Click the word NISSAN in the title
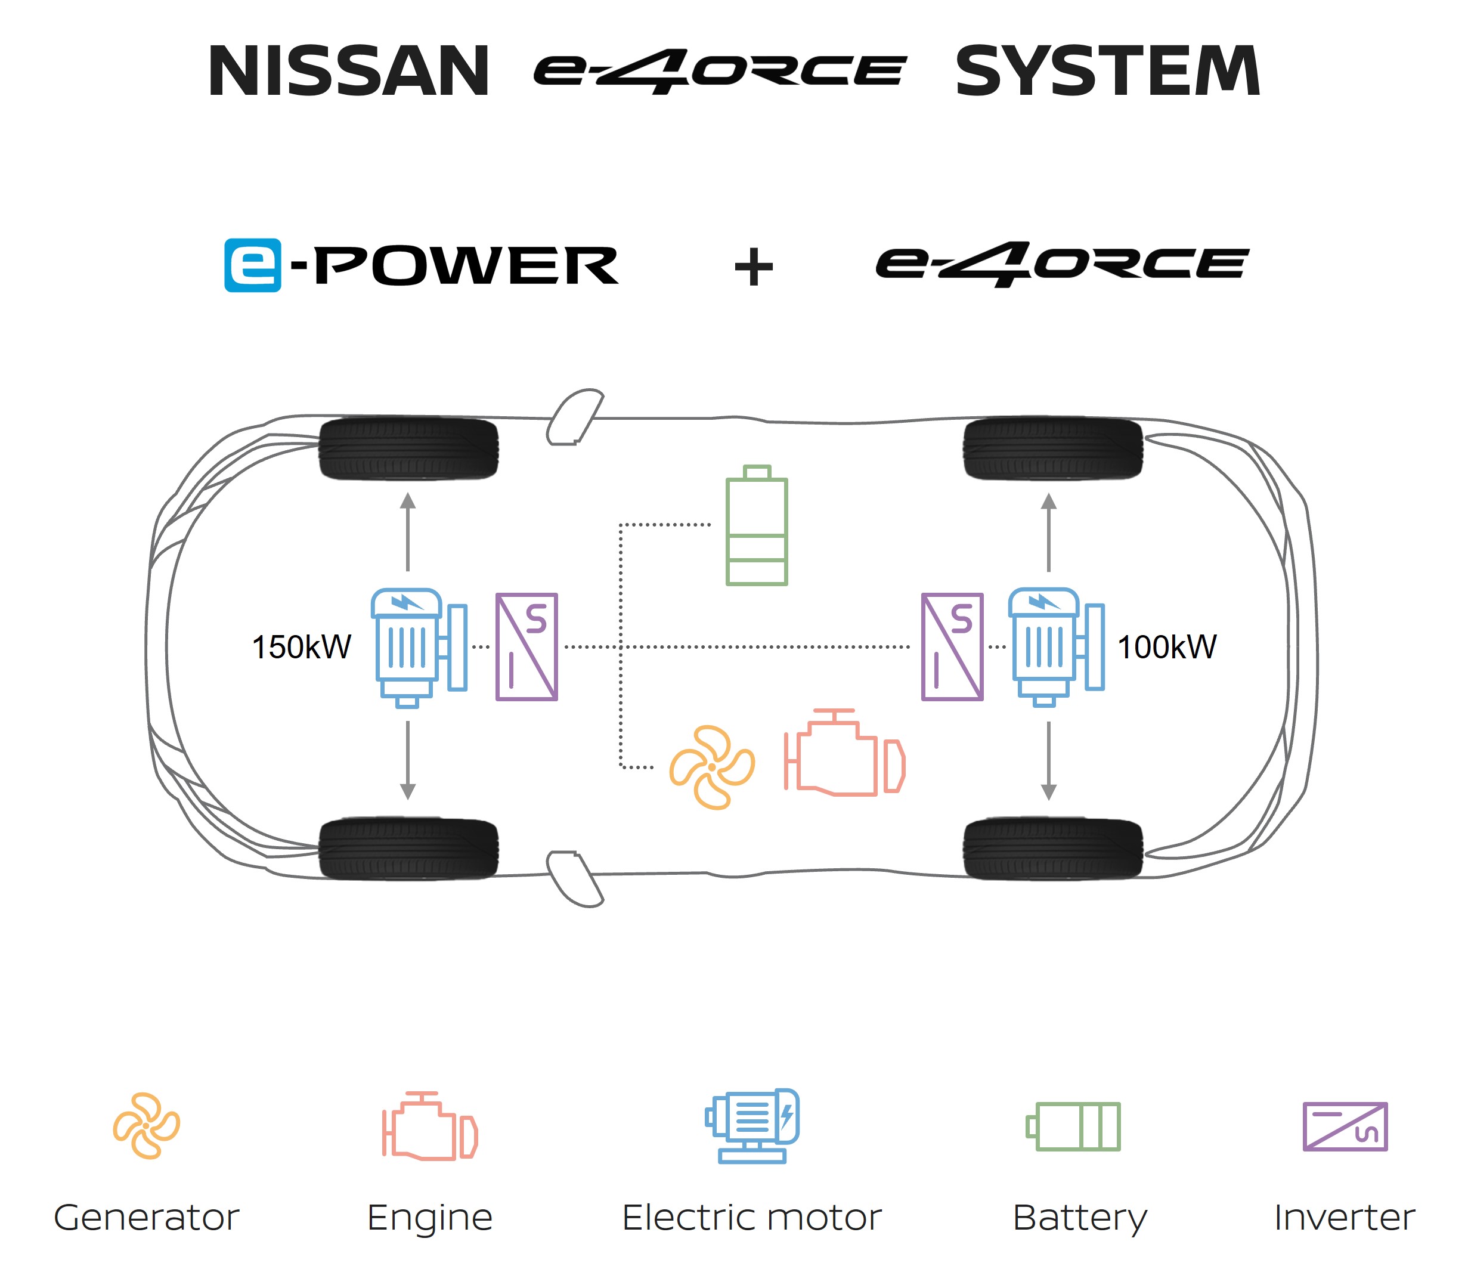[349, 71]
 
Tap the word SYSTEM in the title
[1107, 71]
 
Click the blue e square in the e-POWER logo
[252, 265]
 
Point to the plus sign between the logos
[754, 267]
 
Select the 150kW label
[302, 647]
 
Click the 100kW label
[1167, 647]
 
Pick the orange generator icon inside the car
[712, 767]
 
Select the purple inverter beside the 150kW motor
[527, 647]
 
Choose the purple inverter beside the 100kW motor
[952, 647]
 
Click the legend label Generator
[147, 1218]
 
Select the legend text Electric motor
[752, 1218]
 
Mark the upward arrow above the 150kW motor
[407, 531]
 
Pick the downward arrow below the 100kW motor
[1049, 761]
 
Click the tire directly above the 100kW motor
[1053, 448]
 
